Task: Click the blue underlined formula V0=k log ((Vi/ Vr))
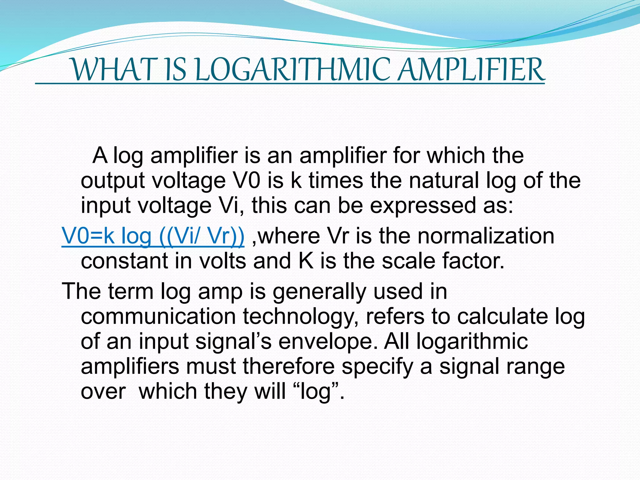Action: pos(153,236)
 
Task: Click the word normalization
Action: pos(486,236)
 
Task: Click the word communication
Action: pos(158,317)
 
